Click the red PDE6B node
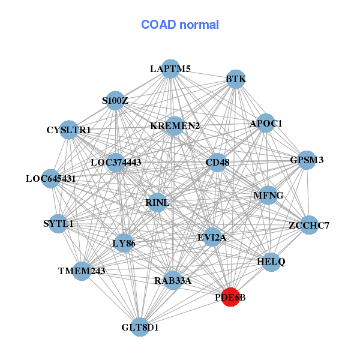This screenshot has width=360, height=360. pyautogui.click(x=231, y=296)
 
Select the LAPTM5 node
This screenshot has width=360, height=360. pyautogui.click(x=171, y=68)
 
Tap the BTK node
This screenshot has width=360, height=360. pyautogui.click(x=236, y=79)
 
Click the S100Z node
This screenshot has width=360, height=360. pyautogui.click(x=115, y=101)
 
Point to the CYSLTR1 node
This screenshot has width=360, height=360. pyautogui.click(x=69, y=130)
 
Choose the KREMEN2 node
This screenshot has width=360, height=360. pyautogui.click(x=175, y=126)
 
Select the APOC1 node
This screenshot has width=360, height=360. pyautogui.click(x=266, y=124)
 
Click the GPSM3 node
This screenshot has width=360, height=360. pyautogui.click(x=307, y=160)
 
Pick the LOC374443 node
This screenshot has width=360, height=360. pyautogui.click(x=116, y=163)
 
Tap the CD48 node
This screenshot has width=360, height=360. pyautogui.click(x=217, y=162)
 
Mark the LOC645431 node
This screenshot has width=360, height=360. pyautogui.click(x=51, y=179)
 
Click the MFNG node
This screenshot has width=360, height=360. pyautogui.click(x=268, y=195)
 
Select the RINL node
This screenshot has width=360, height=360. pyautogui.click(x=157, y=203)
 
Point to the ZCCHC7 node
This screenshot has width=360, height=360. pyautogui.click(x=308, y=225)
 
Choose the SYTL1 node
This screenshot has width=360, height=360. pyautogui.click(x=58, y=224)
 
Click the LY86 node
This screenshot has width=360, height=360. pyautogui.click(x=124, y=243)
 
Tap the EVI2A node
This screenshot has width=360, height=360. pyautogui.click(x=212, y=237)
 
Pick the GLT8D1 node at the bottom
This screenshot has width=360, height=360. pyautogui.click(x=140, y=327)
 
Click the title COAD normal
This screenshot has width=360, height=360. pyautogui.click(x=180, y=25)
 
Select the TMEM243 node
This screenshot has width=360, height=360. pyautogui.click(x=82, y=271)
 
